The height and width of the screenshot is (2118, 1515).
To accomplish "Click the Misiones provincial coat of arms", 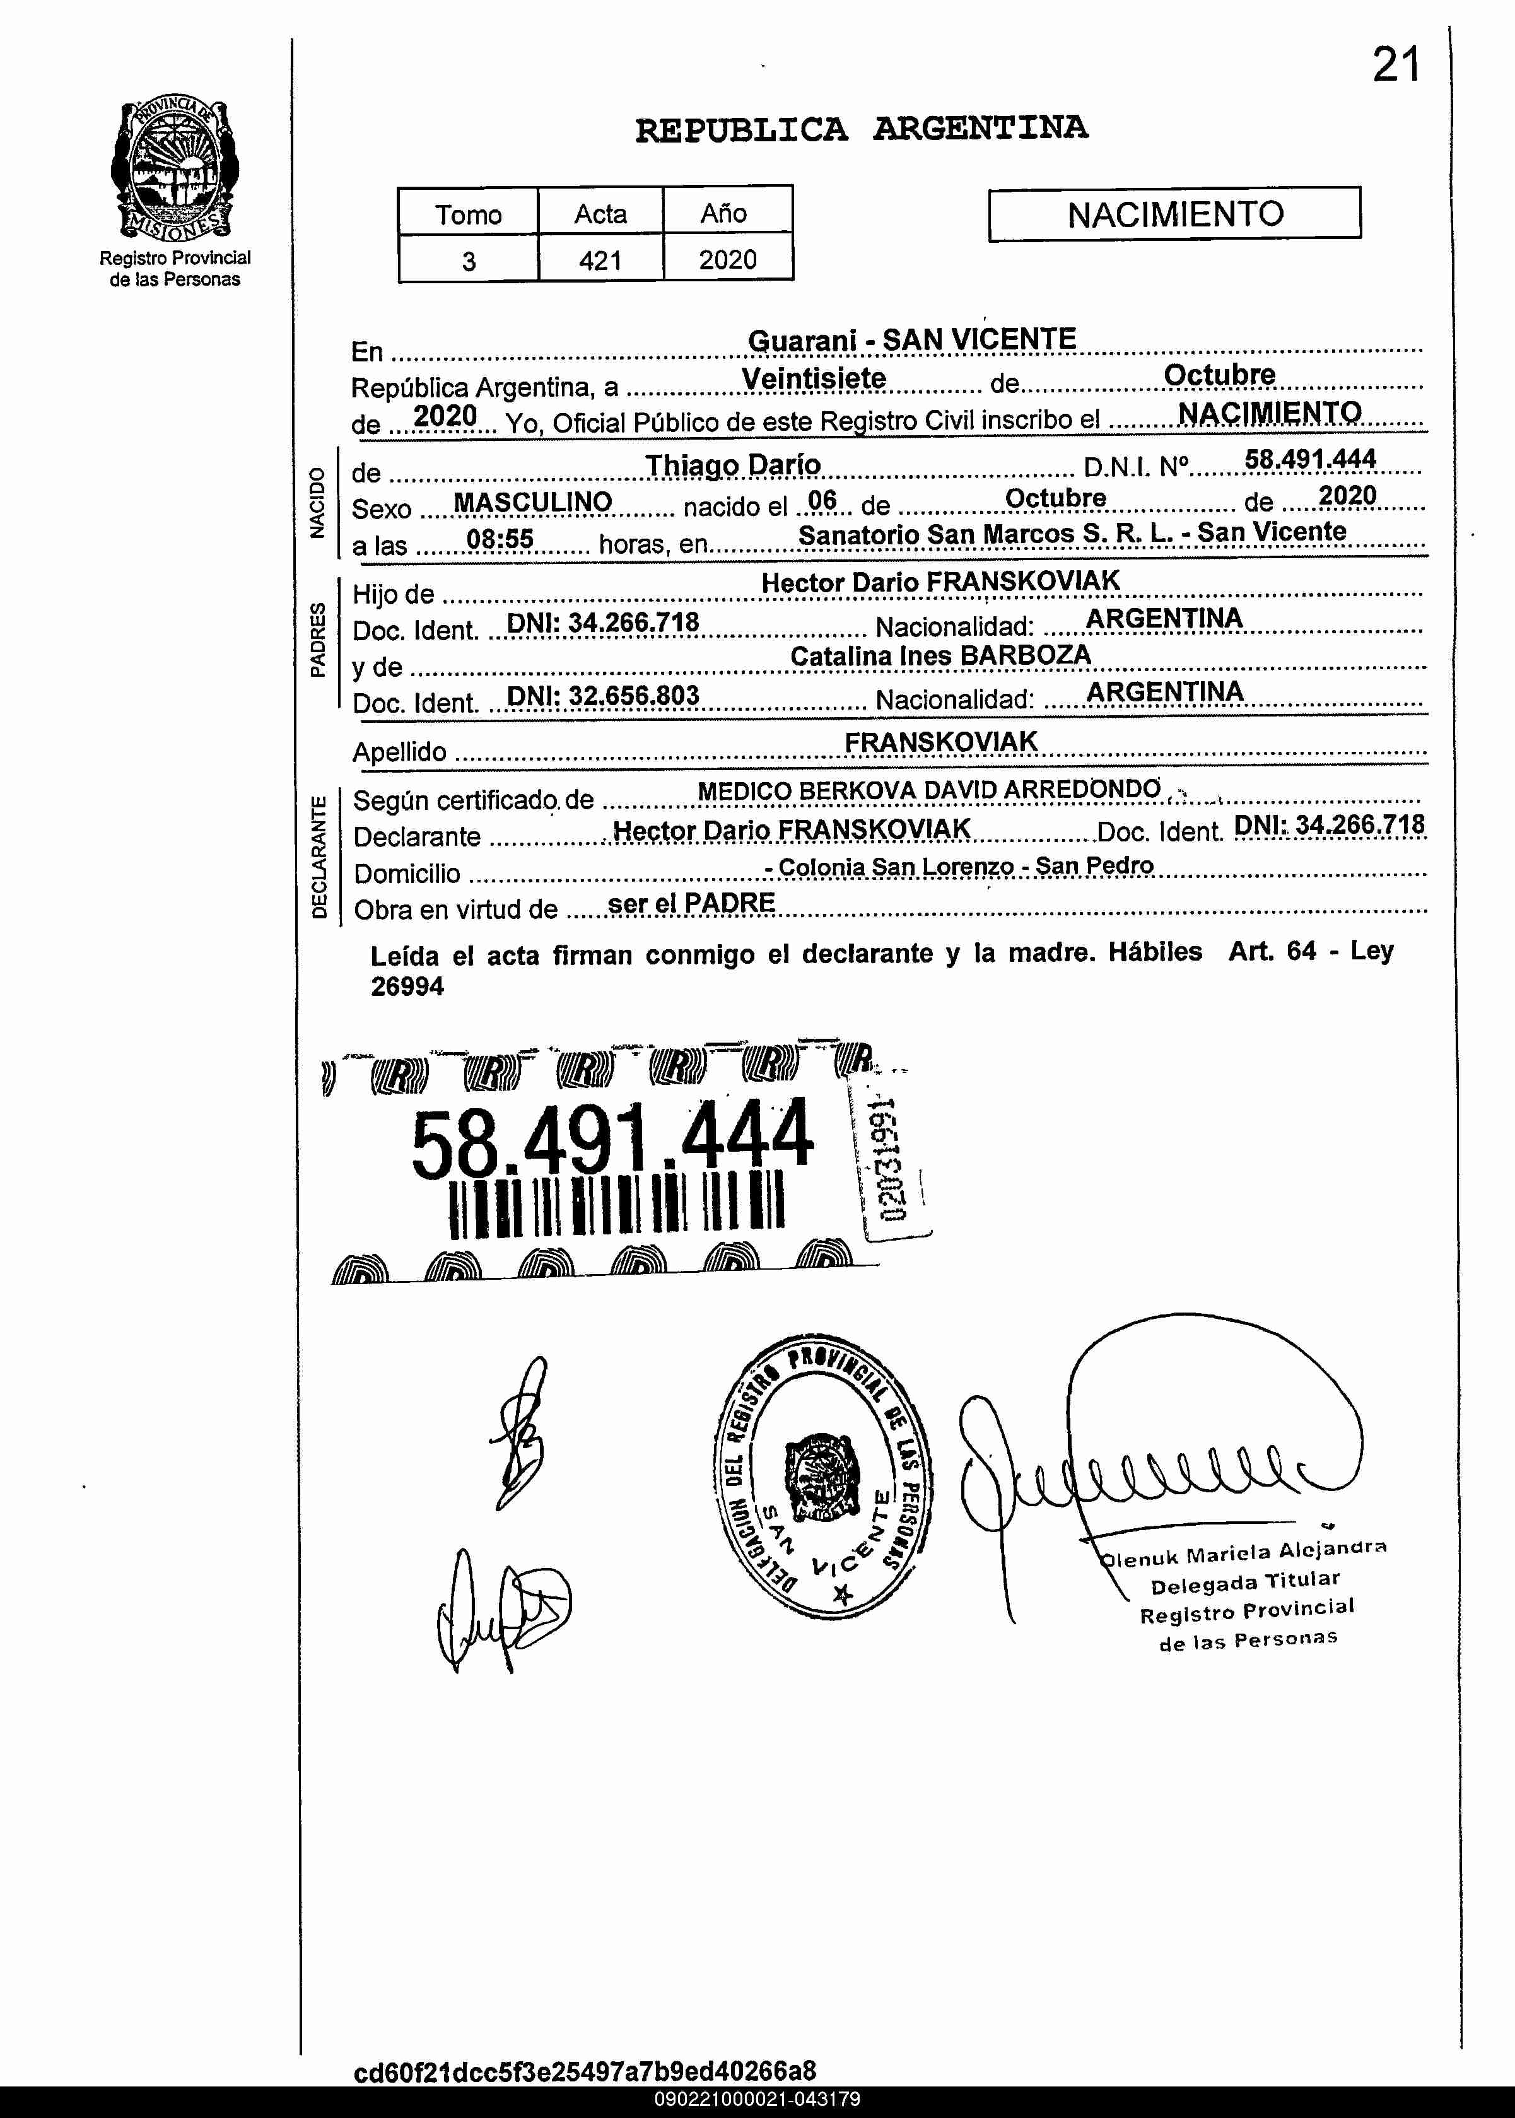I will coord(175,169).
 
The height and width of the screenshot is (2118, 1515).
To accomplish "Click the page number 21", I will coord(1396,66).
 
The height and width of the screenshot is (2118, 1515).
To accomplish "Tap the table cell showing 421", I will coord(600,260).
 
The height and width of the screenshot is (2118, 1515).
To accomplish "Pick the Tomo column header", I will coord(468,214).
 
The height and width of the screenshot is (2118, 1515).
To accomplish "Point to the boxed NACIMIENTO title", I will coord(1174,214).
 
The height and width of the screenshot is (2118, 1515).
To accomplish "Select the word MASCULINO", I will coord(533,503).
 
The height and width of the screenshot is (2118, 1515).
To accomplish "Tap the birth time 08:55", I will coord(500,539).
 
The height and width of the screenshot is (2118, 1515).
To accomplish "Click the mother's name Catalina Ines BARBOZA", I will coord(940,655).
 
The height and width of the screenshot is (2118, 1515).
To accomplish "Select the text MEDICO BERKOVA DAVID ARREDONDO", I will coord(928,790).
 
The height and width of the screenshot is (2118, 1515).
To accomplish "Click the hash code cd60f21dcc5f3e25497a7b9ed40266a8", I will coord(585,2071).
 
